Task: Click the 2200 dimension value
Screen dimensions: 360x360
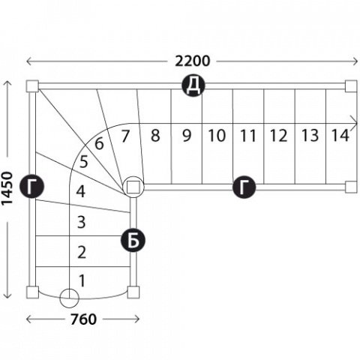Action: coord(193,61)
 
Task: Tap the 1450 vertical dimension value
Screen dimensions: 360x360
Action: coord(7,188)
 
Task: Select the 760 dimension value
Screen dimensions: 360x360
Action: coord(83,319)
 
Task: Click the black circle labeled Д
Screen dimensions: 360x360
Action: coord(193,85)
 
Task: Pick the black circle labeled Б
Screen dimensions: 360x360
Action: coord(133,240)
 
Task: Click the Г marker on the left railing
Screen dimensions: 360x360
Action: coord(32,187)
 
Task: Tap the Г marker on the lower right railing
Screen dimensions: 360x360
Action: coord(244,187)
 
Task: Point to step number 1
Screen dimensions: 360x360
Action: coord(82,280)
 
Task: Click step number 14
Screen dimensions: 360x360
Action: coord(340,135)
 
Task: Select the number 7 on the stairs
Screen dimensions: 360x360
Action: coord(125,136)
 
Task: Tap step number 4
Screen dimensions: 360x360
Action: coord(81,192)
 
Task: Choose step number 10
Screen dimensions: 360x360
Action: coord(217,136)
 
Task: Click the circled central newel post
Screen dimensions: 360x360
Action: coord(133,187)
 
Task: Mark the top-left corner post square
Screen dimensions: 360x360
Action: coord(32,86)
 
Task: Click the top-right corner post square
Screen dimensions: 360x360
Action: coord(351,86)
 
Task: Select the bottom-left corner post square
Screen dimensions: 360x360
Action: coord(32,292)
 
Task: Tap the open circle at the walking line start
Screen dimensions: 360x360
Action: coord(69,298)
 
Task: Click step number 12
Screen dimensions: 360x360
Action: coord(278,136)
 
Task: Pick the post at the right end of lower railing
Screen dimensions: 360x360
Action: coord(351,187)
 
